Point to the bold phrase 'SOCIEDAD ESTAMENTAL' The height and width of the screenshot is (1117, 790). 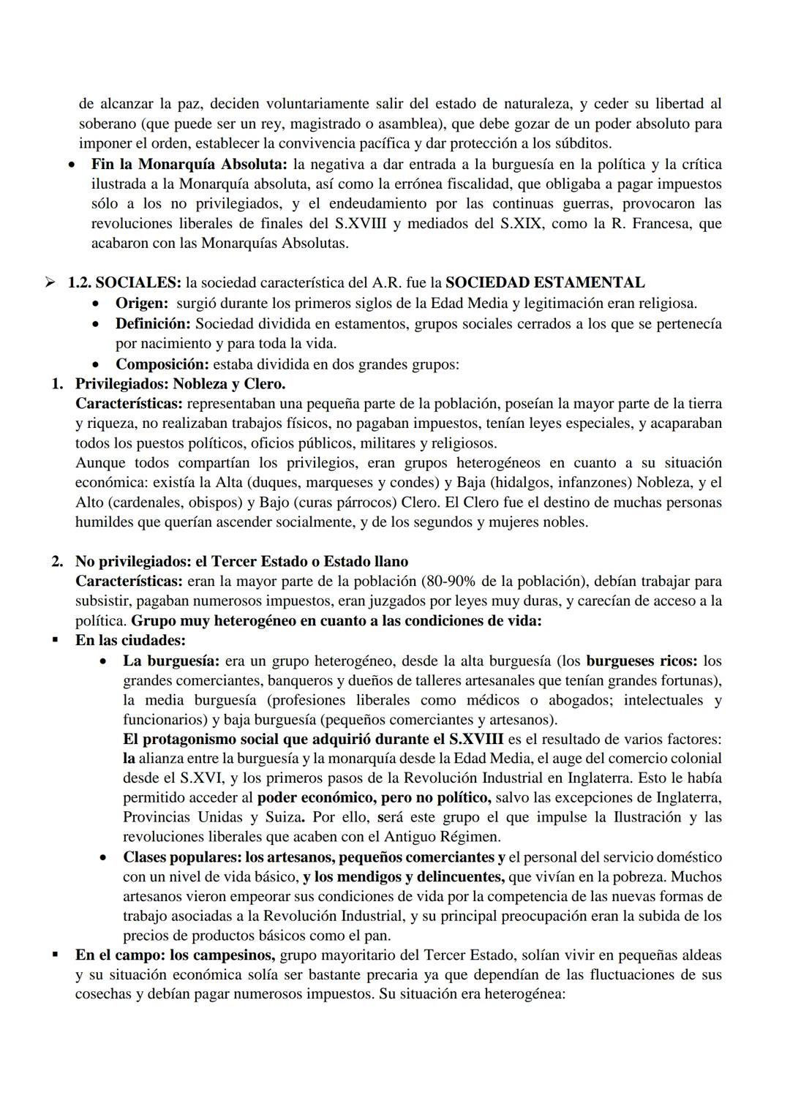[x=545, y=282]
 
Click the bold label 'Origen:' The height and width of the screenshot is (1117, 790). [x=143, y=303]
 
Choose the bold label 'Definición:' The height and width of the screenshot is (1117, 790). [x=153, y=323]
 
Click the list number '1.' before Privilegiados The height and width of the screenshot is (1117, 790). [x=57, y=383]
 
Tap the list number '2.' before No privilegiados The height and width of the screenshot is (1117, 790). [x=57, y=561]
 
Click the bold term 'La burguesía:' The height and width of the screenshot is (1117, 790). [x=171, y=661]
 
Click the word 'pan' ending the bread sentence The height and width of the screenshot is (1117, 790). [x=375, y=935]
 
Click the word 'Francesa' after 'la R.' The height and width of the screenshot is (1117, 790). [x=660, y=223]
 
